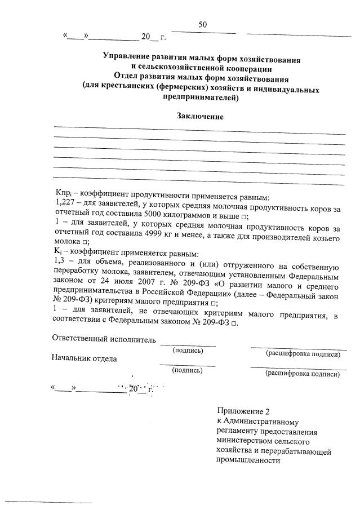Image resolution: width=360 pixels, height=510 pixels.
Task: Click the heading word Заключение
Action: (200, 117)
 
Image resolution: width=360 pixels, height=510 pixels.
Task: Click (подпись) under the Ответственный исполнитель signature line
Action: (188, 351)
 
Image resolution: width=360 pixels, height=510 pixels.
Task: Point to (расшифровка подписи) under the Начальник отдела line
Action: (303, 373)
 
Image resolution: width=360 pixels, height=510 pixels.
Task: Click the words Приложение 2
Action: (240, 411)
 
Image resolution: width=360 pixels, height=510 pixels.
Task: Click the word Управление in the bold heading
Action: (126, 58)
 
